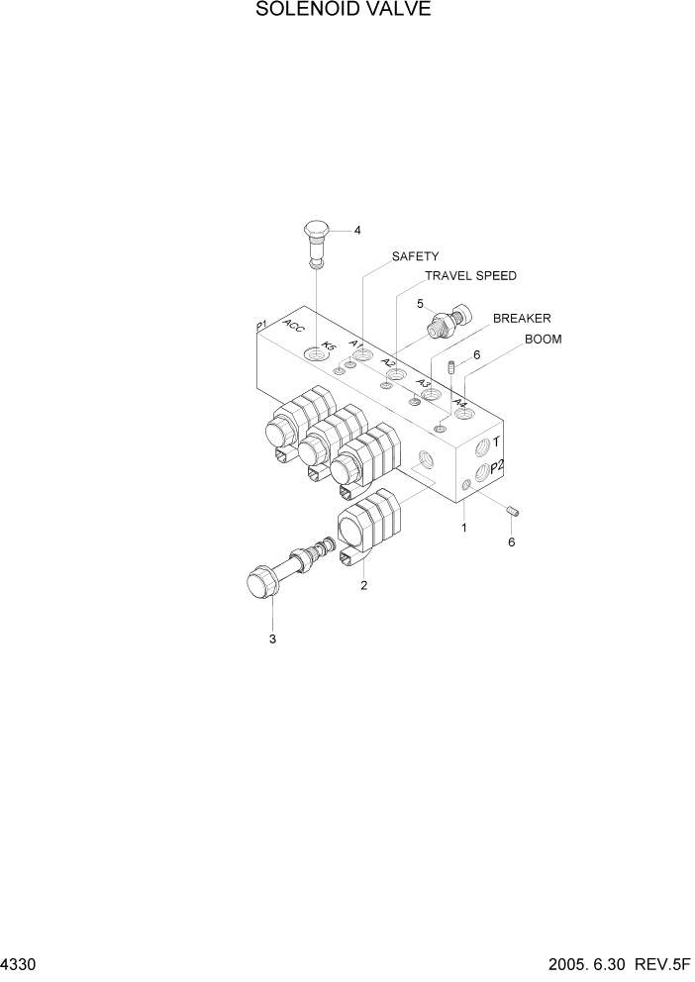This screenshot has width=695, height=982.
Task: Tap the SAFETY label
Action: click(x=415, y=256)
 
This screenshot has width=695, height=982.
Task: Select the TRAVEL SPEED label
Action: click(x=470, y=276)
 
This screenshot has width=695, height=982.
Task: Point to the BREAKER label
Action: click(x=522, y=319)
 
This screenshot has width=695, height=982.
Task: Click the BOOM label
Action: click(x=543, y=340)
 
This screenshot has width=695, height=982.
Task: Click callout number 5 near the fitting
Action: click(x=420, y=304)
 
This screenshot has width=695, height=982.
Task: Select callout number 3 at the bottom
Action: click(x=272, y=638)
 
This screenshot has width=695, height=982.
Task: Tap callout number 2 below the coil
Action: click(x=363, y=585)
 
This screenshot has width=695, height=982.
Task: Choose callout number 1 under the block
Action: click(x=463, y=528)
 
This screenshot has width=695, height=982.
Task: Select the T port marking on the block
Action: click(x=496, y=444)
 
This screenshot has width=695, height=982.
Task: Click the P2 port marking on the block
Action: click(x=498, y=467)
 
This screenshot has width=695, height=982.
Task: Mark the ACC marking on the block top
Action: click(x=294, y=329)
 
